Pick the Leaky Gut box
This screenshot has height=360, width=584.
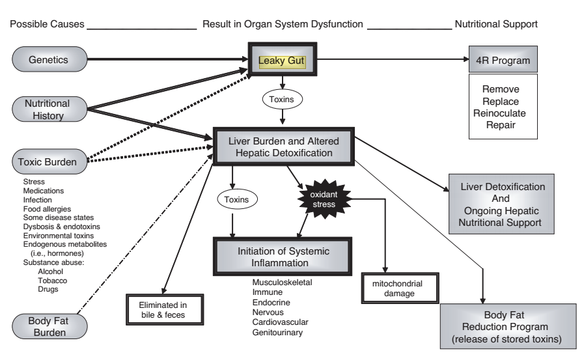click(281, 62)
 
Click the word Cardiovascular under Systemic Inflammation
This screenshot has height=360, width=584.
click(281, 322)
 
